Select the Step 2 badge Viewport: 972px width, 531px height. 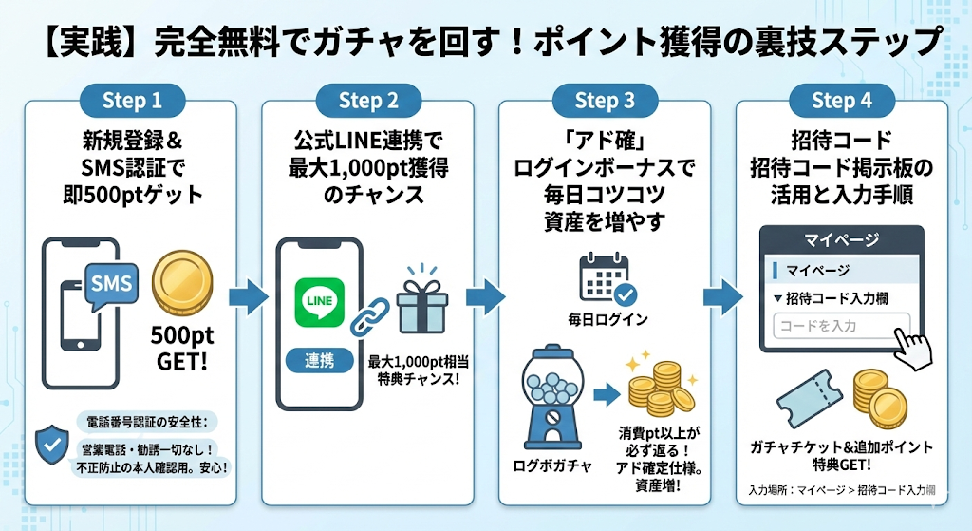(x=368, y=101)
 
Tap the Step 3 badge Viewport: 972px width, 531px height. (x=605, y=101)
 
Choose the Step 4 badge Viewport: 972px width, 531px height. (x=841, y=101)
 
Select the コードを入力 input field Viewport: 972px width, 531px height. (x=841, y=326)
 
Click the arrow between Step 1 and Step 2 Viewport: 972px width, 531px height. (x=249, y=295)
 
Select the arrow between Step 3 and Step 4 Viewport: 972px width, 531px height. (x=721, y=295)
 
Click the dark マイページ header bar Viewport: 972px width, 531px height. (x=841, y=239)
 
